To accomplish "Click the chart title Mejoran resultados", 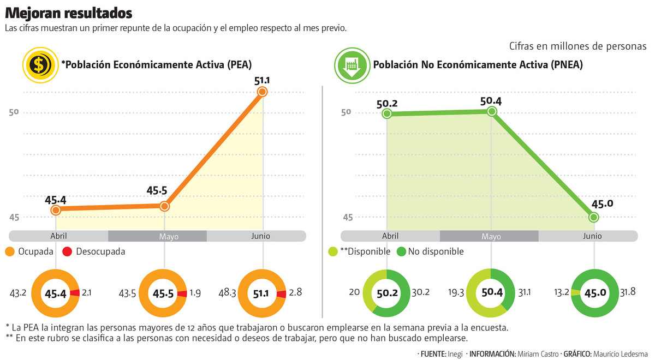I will point(68,13).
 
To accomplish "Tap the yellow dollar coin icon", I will point(39,65).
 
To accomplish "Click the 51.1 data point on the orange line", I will point(263,92).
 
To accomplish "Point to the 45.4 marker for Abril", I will point(56,209).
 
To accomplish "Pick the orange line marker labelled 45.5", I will point(164,206).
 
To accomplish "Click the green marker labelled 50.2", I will point(387,113).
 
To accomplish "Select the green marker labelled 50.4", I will point(492,111).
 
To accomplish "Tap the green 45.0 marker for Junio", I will point(594,217).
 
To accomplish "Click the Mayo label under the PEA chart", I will point(169,237).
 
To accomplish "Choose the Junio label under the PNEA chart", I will point(592,236).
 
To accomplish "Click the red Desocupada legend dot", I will point(68,251).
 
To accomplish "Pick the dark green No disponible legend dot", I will point(401,251).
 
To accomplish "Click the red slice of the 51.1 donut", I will point(281,294).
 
